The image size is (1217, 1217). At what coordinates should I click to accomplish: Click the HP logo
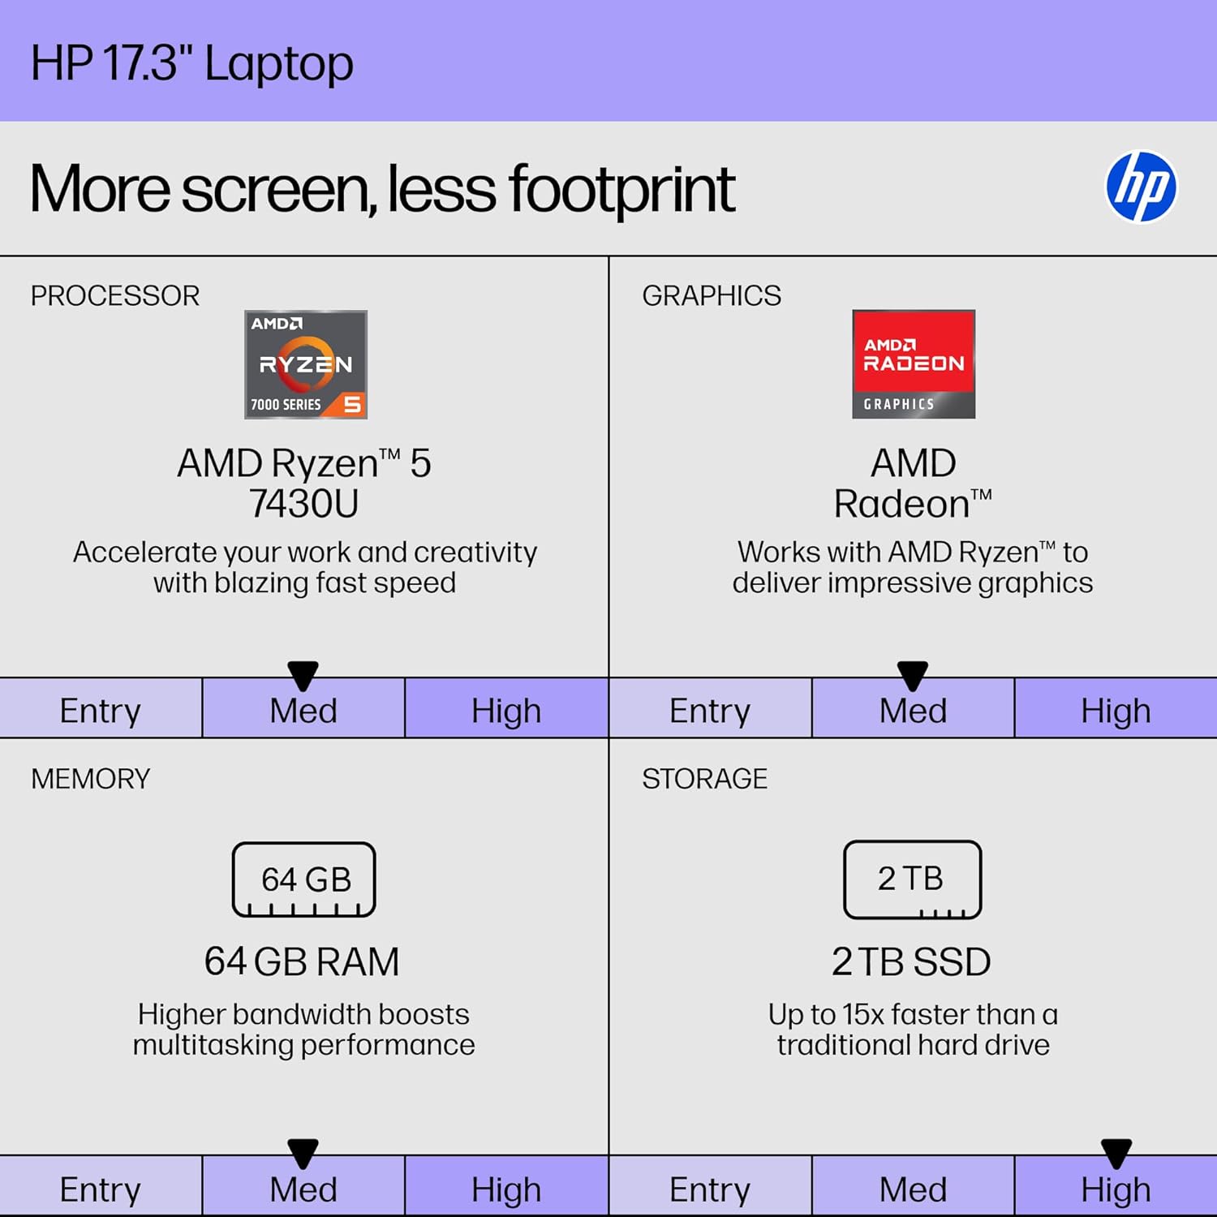pyautogui.click(x=1141, y=187)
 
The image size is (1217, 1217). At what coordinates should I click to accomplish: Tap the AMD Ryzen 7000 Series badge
pyautogui.click(x=306, y=364)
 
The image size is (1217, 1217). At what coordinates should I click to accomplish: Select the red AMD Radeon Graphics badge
pyautogui.click(x=914, y=364)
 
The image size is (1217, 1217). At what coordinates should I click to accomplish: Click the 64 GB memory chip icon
pyautogui.click(x=304, y=879)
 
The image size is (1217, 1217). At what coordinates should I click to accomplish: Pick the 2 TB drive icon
pyautogui.click(x=912, y=879)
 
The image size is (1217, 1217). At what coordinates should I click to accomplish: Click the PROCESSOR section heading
pyautogui.click(x=115, y=295)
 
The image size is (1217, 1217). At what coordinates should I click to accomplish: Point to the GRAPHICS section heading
pyautogui.click(x=712, y=295)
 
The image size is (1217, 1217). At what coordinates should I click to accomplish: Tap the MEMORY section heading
pyautogui.click(x=91, y=779)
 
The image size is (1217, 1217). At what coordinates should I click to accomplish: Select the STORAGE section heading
pyautogui.click(x=704, y=779)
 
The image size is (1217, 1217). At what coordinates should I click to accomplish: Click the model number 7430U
pyautogui.click(x=304, y=504)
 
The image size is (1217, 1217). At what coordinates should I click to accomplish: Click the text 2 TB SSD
pyautogui.click(x=911, y=962)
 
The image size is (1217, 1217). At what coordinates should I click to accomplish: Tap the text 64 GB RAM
pyautogui.click(x=302, y=962)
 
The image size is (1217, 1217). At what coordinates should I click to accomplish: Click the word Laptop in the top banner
pyautogui.click(x=279, y=63)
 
